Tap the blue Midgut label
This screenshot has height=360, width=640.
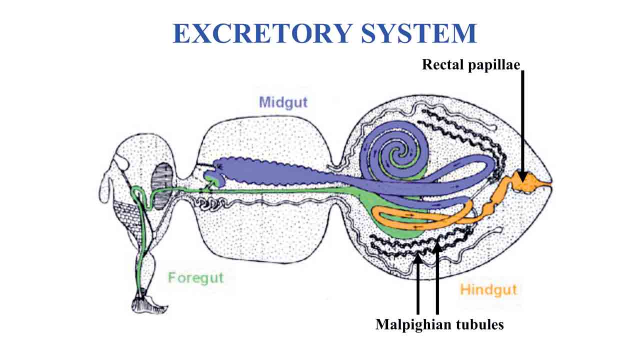(283, 102)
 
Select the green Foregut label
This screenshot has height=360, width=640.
(195, 277)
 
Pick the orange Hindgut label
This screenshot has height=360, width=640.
(488, 289)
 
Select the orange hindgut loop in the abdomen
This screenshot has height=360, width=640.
(425, 217)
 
